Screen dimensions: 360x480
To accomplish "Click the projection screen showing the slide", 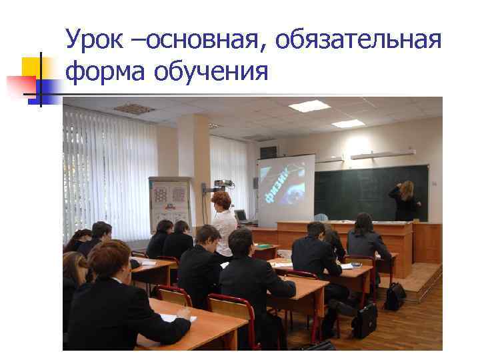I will coord(286,190).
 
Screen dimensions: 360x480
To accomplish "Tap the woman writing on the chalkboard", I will coord(404,200).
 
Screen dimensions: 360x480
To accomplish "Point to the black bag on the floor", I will coord(365,320).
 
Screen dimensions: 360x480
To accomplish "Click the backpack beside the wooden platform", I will coord(395,295).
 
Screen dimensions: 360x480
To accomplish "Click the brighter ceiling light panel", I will coord(309,105).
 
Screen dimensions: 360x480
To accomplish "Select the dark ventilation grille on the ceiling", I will coord(134,109).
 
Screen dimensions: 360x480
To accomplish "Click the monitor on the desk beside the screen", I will coord(241,215).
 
